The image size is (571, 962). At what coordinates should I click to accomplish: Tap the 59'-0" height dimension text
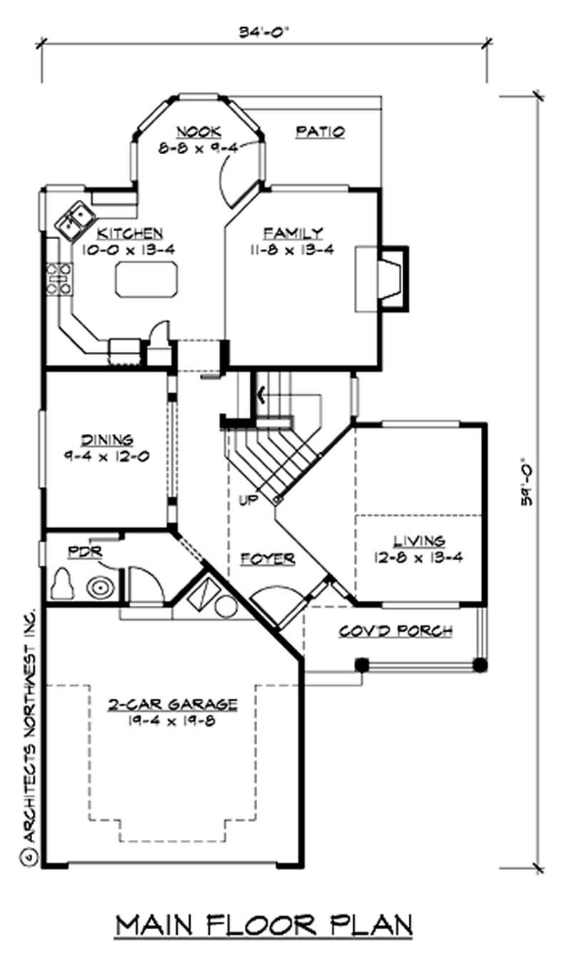click(526, 482)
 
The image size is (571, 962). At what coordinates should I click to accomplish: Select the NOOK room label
click(198, 132)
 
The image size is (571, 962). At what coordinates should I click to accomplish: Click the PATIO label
click(320, 132)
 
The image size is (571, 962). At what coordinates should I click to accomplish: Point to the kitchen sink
click(74, 218)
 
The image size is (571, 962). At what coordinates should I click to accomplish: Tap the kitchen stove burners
click(59, 278)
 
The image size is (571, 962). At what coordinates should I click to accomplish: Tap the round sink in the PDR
click(99, 587)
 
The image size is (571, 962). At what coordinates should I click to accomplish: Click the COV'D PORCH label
click(395, 631)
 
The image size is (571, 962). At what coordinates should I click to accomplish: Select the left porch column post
click(362, 665)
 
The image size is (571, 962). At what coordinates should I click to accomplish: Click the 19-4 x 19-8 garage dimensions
click(172, 720)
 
